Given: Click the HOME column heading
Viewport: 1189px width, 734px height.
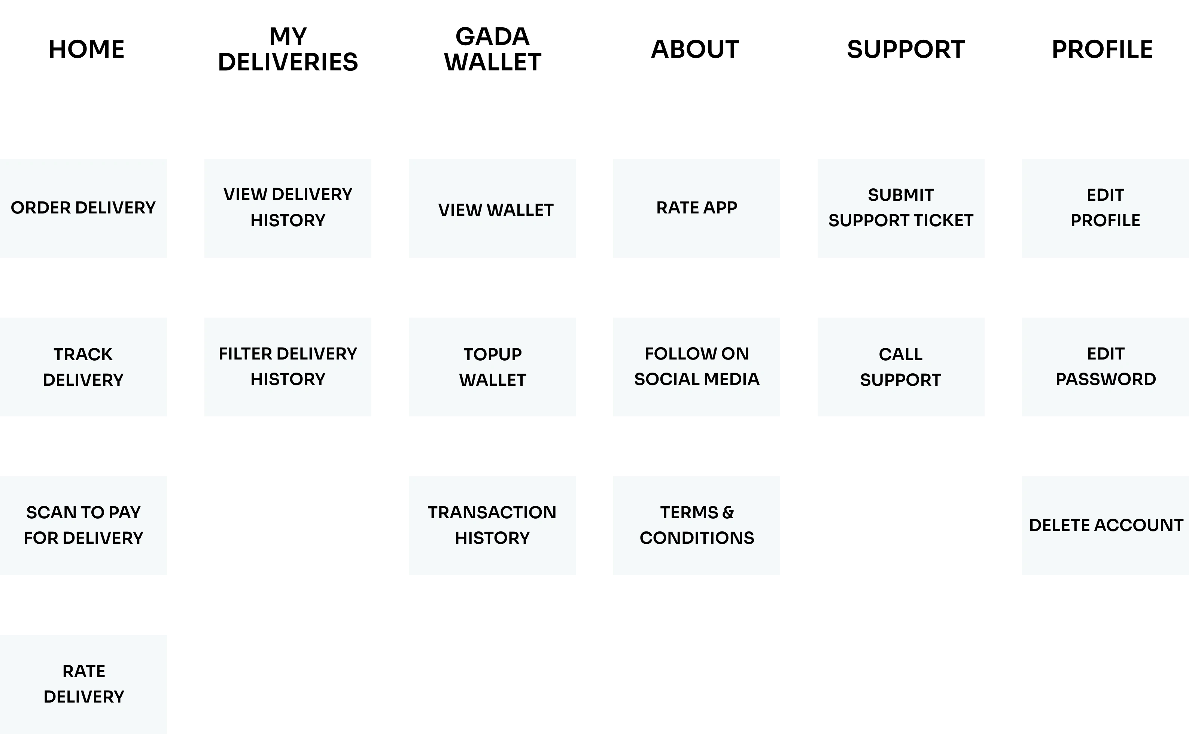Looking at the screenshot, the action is click(86, 49).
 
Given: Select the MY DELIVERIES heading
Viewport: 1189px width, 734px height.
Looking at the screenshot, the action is click(288, 49).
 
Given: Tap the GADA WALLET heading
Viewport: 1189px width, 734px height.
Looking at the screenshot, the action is click(493, 49).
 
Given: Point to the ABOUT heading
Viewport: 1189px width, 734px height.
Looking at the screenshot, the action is click(695, 49).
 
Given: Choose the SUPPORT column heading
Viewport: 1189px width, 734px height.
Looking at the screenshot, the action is click(906, 49).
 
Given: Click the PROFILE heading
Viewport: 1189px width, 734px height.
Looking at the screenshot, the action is click(1102, 49).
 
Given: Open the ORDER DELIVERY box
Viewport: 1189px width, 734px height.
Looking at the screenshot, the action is click(83, 208).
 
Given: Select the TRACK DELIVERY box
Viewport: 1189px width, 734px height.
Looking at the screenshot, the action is click(83, 367).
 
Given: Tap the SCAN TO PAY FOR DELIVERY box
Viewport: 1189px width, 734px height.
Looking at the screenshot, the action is click(83, 526).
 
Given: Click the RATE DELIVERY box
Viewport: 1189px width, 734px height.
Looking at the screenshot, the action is click(83, 685).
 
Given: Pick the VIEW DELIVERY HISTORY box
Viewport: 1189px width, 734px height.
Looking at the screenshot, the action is click(288, 208).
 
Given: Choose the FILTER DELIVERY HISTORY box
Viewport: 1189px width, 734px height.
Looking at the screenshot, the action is click(288, 367).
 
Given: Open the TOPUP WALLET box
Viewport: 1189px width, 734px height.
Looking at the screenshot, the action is click(492, 367).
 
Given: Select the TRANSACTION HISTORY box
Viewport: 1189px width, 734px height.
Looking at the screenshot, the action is click(492, 526).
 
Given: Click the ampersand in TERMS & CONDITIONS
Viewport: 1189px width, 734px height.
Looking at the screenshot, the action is click(728, 513).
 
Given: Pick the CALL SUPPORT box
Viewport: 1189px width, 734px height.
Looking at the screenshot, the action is click(901, 367).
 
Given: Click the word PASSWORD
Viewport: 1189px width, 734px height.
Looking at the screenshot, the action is click(1106, 379).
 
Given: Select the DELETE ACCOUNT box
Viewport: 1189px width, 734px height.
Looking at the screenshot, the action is click(1106, 526).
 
